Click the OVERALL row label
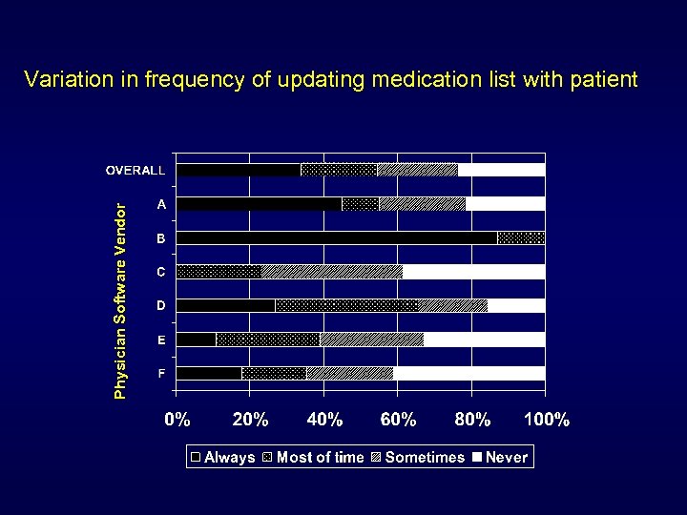click(135, 170)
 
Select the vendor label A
click(162, 204)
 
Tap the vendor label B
click(162, 238)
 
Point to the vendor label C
click(162, 272)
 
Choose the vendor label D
click(162, 305)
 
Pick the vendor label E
click(162, 340)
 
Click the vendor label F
click(162, 373)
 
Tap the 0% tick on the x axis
click(177, 420)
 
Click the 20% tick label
click(250, 420)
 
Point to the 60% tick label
click(398, 420)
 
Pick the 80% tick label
click(472, 420)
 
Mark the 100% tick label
click(547, 420)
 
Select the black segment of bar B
click(337, 237)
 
